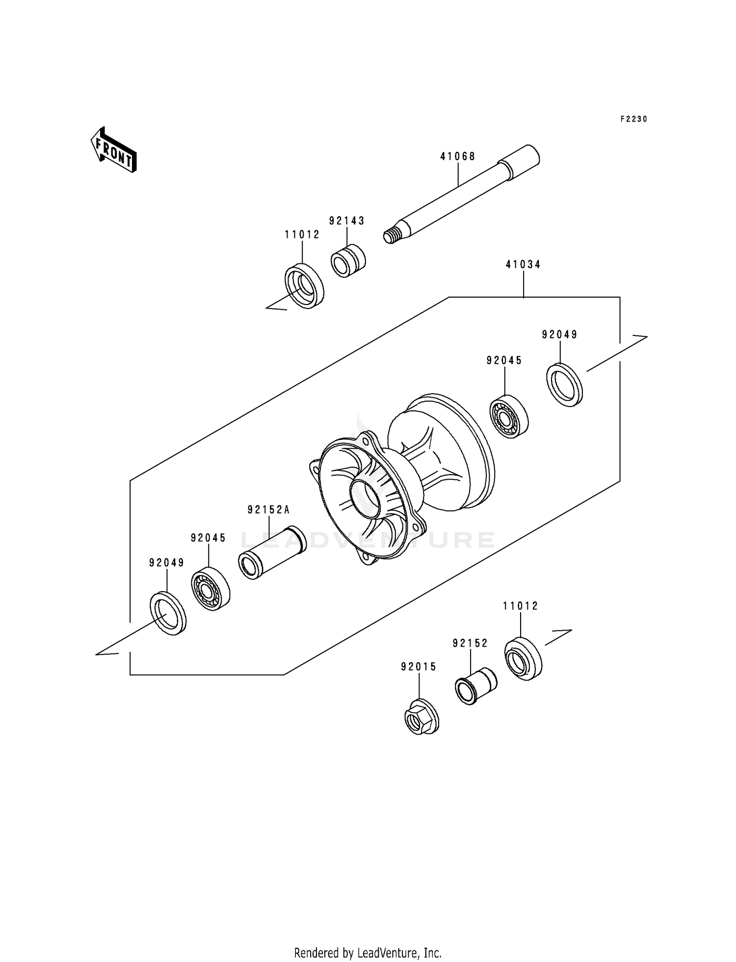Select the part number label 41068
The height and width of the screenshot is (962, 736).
coord(457,156)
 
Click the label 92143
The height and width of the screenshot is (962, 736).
coord(347,221)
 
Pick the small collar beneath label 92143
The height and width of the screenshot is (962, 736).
coord(348,261)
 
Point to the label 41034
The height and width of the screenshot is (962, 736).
coord(523,265)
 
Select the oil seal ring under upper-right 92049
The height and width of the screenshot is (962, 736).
coord(564,385)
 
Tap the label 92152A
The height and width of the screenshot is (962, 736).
coord(268,510)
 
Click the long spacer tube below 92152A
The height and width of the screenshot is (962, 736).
coord(272,553)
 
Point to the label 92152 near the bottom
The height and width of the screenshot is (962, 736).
coord(470,643)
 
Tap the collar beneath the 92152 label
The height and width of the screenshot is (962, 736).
coord(475,685)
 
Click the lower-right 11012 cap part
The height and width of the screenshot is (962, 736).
coord(523,659)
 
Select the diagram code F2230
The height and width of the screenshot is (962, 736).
coord(633,119)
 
